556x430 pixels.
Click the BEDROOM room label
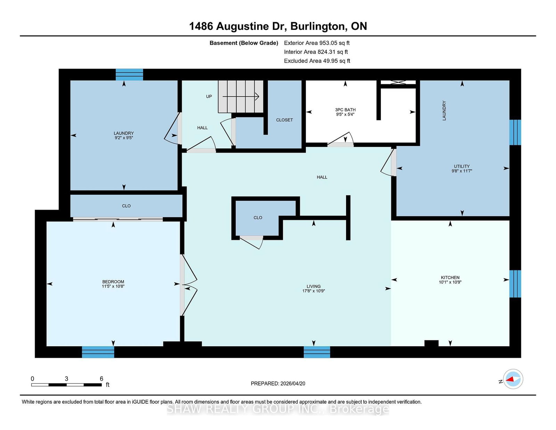[x=113, y=282]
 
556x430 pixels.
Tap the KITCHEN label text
[x=450, y=277]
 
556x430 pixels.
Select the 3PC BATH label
[x=345, y=110]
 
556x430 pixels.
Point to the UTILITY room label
[x=461, y=166]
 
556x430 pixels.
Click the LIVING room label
[x=313, y=286]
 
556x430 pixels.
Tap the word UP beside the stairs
[x=209, y=97]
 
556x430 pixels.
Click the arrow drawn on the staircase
[x=241, y=97]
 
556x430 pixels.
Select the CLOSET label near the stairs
[x=284, y=120]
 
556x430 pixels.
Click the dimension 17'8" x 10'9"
[x=313, y=291]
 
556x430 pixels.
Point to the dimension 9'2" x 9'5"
[x=124, y=138]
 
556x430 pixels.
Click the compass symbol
[x=513, y=379]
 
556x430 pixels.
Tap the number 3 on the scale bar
[x=66, y=379]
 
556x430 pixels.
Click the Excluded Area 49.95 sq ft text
[x=317, y=61]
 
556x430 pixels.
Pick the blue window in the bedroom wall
[x=98, y=352]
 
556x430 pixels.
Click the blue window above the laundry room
[x=129, y=75]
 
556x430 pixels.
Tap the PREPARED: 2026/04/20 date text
[x=278, y=383]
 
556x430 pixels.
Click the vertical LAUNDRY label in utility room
[x=444, y=111]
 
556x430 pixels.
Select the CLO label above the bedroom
[x=126, y=206]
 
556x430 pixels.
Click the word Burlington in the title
[x=317, y=26]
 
